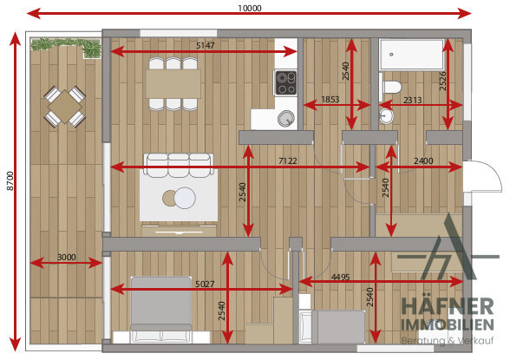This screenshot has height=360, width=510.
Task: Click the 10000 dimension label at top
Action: tap(250, 8)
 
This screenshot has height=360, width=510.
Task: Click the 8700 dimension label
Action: tap(10, 180)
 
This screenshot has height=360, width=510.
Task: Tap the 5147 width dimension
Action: tap(206, 45)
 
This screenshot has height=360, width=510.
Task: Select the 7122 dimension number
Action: tap(288, 160)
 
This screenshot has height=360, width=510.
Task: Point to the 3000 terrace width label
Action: tap(67, 258)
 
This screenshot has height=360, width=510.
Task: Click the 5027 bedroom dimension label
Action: tap(205, 284)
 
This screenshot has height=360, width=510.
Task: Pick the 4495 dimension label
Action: tap(340, 277)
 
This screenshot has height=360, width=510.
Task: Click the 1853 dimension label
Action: tap(330, 99)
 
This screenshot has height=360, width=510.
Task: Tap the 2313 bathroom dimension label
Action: tap(413, 100)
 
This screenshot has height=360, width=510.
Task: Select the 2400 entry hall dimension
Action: tap(423, 160)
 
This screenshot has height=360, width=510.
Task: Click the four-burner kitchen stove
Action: tap(286, 82)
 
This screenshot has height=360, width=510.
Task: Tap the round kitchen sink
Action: tap(286, 118)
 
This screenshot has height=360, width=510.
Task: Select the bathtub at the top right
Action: tap(412, 55)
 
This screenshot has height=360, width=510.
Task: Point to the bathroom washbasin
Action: tap(386, 115)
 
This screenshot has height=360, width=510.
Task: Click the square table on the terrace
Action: tap(65, 107)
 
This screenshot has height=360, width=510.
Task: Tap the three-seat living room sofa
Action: tap(179, 165)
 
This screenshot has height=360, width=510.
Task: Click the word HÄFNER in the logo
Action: tap(448, 306)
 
